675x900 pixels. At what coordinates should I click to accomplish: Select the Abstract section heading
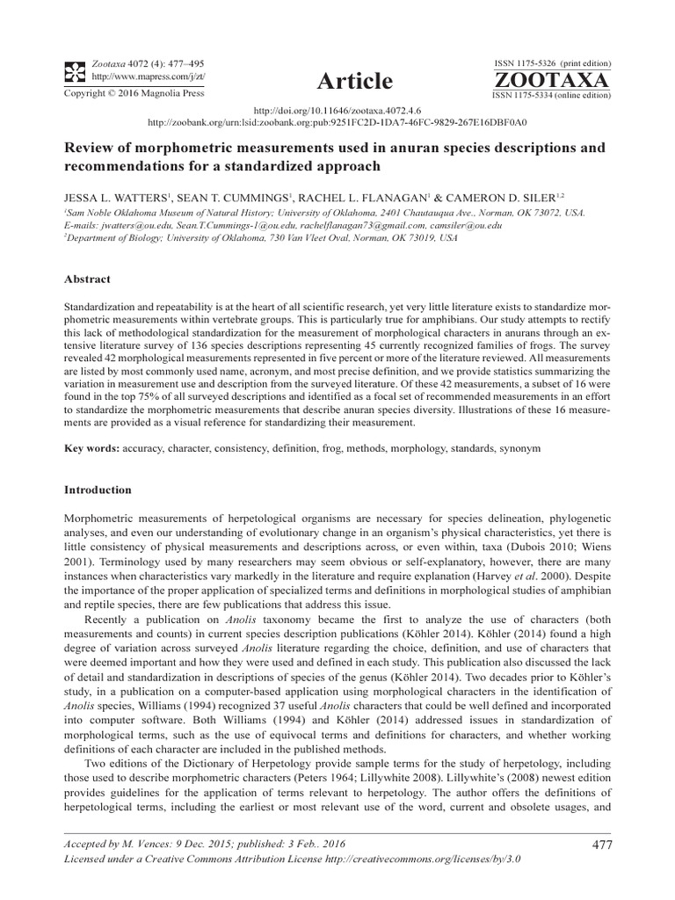[88, 279]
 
